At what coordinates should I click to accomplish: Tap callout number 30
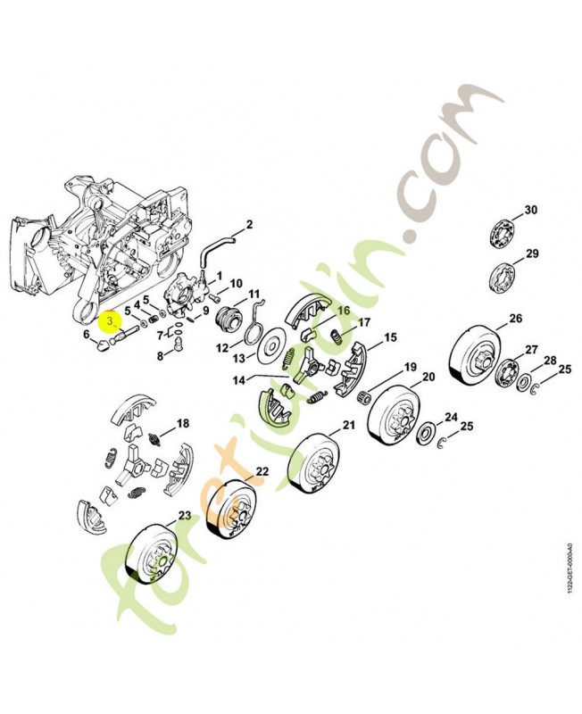coord(530,210)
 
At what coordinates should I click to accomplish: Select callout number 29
coord(532,253)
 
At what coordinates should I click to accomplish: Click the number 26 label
coord(516,319)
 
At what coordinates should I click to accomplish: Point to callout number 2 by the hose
coord(249,225)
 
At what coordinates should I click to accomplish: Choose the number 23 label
coord(184,516)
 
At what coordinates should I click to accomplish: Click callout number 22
coord(262,471)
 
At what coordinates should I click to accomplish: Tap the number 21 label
coord(348,425)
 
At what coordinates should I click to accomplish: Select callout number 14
coord(239,379)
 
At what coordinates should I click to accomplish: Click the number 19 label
coord(410,367)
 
